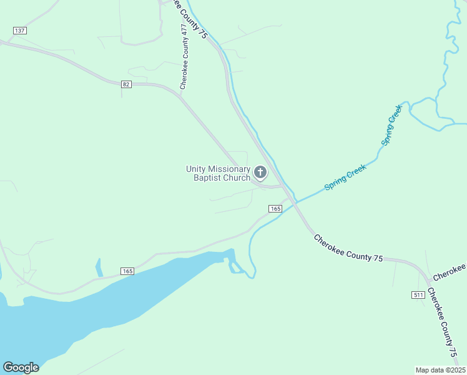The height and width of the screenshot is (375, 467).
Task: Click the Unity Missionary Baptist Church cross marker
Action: click(260, 172)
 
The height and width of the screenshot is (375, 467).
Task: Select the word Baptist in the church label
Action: click(208, 177)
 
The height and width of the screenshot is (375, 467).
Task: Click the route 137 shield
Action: click(19, 31)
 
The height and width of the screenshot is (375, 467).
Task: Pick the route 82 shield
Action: click(126, 84)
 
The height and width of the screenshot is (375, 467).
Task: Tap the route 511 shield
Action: click(418, 294)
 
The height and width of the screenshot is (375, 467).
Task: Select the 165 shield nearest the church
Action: click(275, 208)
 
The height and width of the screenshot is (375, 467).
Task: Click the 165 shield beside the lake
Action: click(127, 271)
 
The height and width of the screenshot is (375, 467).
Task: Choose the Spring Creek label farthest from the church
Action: click(391, 126)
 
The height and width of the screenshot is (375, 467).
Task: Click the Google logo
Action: click(21, 367)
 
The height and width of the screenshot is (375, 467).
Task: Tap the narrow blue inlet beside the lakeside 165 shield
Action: click(99, 267)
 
